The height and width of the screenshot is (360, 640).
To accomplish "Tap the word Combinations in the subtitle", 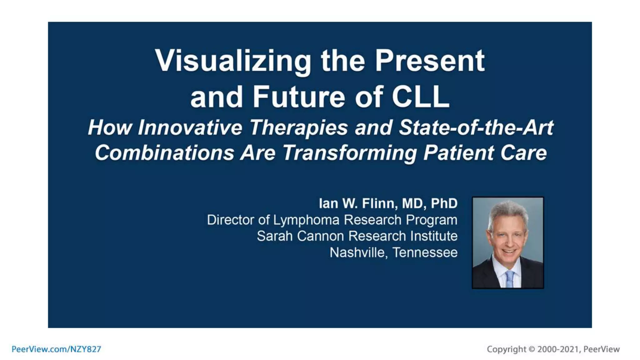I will click(x=164, y=153).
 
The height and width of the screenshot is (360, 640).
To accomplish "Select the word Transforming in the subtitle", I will click(x=350, y=153).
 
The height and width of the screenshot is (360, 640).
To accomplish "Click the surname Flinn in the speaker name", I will click(x=379, y=203).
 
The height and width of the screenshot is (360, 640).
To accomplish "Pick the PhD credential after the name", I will click(x=444, y=203).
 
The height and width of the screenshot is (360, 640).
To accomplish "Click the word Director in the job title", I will click(x=231, y=220).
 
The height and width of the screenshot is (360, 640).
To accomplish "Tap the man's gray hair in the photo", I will click(x=508, y=210).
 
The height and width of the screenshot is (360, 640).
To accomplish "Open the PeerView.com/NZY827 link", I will click(x=56, y=349).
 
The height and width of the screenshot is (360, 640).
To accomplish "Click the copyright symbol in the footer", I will click(x=532, y=349).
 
